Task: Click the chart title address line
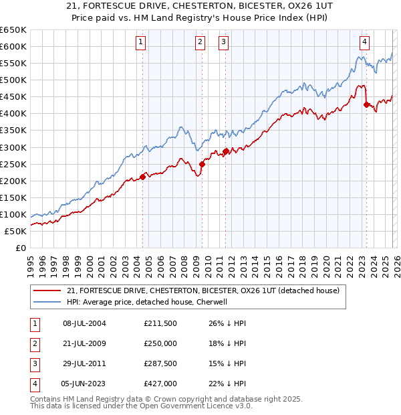tap(200, 7)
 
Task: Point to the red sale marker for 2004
tap(142, 177)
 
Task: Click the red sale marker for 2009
tap(202, 164)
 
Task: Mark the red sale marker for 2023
tap(366, 104)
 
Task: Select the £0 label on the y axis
tap(20, 248)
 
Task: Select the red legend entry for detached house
tap(204, 290)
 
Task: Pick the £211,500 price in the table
tap(160, 323)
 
